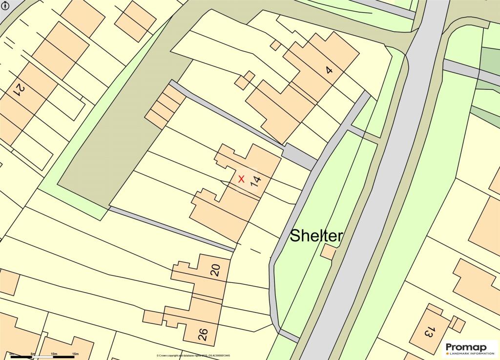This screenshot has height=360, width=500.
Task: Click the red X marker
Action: [241, 179]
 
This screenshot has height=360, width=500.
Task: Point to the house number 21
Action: [20, 89]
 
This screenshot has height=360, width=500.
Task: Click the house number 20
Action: [215, 270]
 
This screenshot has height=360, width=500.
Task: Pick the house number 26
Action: [203, 334]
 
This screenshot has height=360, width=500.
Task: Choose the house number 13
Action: [429, 333]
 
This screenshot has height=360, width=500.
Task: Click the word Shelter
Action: [316, 236]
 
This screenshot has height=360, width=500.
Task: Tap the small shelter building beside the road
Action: [329, 252]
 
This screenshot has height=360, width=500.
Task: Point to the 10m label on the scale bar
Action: [54, 353]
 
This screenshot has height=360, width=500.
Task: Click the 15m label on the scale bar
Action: [75, 353]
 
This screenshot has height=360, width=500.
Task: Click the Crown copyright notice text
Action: [193, 356]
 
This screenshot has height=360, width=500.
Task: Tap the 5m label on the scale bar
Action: [33, 353]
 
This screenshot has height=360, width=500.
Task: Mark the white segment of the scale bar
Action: [43, 357]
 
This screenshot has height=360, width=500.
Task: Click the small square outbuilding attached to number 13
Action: [458, 323]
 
